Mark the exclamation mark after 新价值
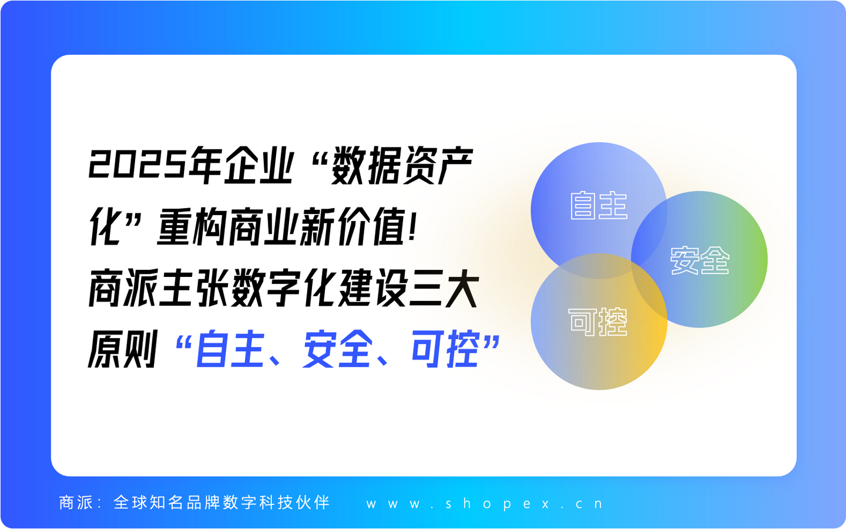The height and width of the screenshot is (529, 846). coord(413,227)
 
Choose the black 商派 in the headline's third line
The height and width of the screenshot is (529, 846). coord(123,288)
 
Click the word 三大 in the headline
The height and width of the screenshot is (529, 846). coord(444,288)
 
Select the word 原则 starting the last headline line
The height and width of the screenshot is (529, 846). coord(123,349)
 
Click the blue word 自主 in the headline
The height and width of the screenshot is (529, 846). coord(229,349)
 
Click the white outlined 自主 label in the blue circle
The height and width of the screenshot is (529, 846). coord(599,206)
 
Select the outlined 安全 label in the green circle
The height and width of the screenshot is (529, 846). coord(700,260)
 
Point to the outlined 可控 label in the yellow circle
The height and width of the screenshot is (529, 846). coord(598,322)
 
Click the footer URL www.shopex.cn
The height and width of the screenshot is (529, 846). coord(485,504)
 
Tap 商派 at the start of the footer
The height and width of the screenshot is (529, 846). coord(76,503)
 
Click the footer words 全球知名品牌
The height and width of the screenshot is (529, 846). coord(167,503)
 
